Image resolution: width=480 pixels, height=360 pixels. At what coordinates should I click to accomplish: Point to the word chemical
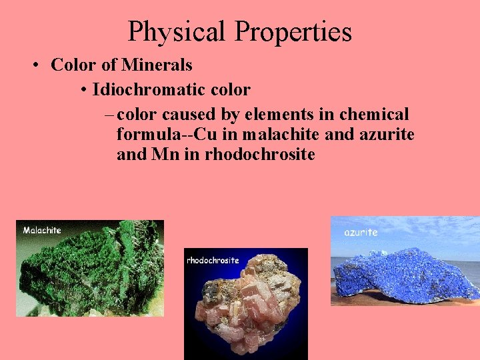point(371,114)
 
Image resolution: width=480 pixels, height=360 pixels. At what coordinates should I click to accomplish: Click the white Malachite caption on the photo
point(42,230)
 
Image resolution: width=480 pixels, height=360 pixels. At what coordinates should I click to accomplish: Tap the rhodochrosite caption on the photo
point(213,260)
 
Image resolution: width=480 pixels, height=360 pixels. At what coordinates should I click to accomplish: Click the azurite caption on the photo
point(361,232)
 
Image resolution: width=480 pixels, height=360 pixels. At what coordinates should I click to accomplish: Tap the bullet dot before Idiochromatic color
point(83,90)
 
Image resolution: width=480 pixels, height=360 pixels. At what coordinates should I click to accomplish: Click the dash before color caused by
point(109,115)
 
